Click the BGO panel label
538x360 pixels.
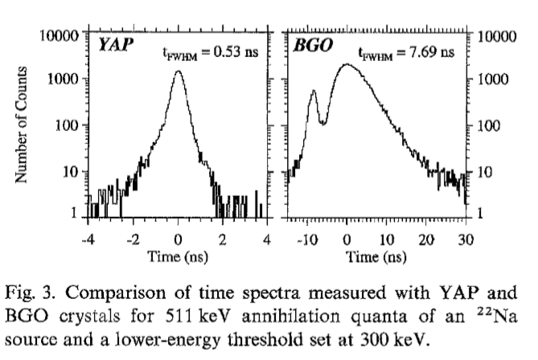coord(308,46)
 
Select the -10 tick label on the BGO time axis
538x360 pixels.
coord(305,239)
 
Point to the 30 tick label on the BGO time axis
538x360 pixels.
coord(465,239)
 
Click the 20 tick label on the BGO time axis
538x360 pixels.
coord(426,239)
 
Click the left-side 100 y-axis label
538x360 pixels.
coord(68,125)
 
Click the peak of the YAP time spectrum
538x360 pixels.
coord(178,72)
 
